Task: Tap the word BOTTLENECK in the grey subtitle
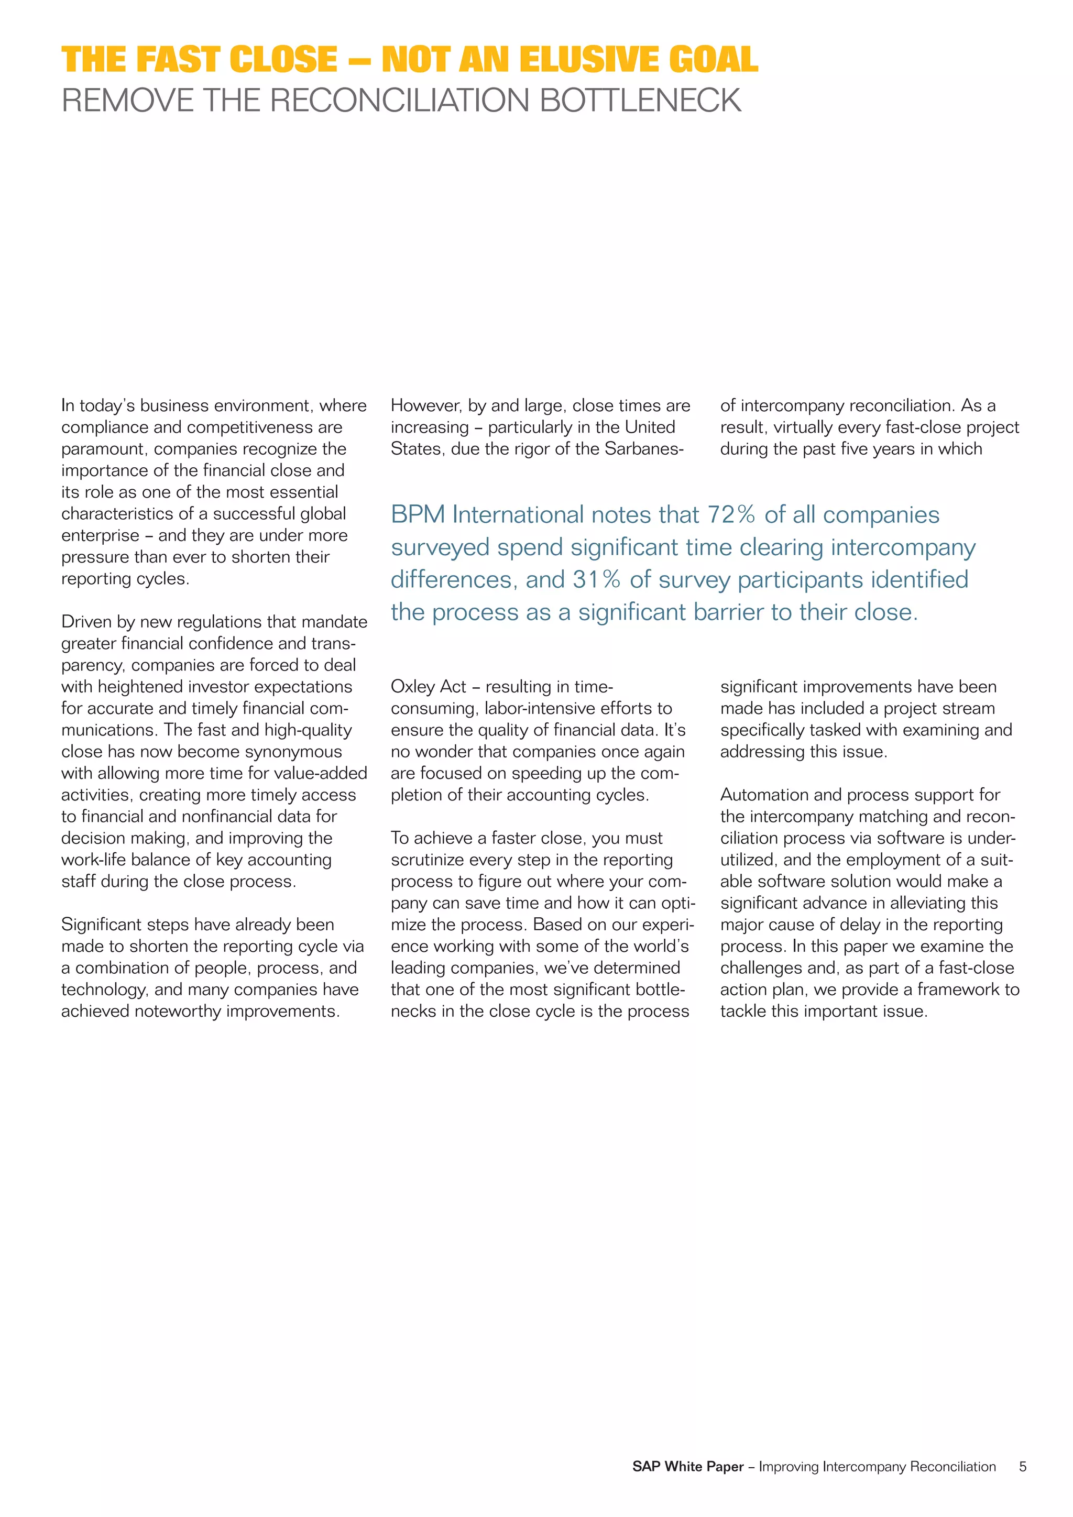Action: pyautogui.click(x=640, y=101)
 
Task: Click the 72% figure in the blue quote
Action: pyautogui.click(x=731, y=515)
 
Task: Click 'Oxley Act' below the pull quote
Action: pyautogui.click(x=428, y=687)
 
